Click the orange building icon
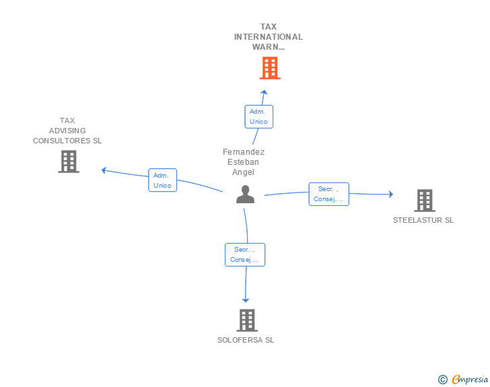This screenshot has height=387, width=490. pos(270,68)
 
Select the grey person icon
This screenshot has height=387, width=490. pos(245,195)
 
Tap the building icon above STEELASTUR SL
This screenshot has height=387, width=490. pos(425,201)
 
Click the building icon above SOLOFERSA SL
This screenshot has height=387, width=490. pos(247,320)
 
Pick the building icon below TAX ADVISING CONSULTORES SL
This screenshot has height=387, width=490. pos(69,162)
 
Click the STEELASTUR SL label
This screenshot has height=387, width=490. pos(423,220)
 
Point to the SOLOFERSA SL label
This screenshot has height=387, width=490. pos(246,340)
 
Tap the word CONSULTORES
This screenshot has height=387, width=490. pos(61,141)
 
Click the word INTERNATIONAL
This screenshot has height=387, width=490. pos(269,37)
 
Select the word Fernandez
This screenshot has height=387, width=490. pos(244,152)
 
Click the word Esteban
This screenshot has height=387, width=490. pos(243,162)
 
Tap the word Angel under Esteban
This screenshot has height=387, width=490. pos(243,172)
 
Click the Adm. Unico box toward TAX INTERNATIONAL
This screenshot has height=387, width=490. pos(258,116)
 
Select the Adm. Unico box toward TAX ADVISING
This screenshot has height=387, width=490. pos(162,180)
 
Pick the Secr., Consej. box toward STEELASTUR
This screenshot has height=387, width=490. pos(328,194)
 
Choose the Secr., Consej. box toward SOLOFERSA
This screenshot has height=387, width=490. pos(245,255)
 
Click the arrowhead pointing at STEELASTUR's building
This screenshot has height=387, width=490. pos(391,194)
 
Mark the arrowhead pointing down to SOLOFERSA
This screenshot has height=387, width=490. pos(246,300)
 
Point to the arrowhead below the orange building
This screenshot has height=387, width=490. pos(264,92)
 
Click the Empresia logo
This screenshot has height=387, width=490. pos(463,379)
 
